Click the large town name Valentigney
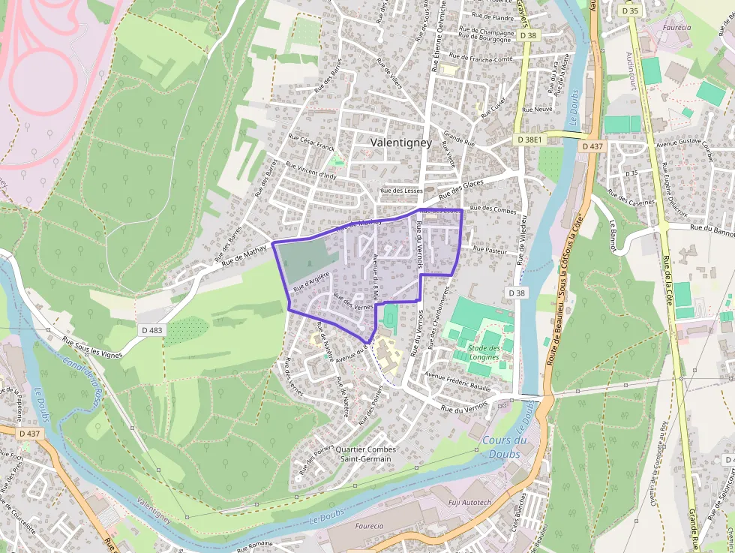pyautogui.click(x=400, y=142)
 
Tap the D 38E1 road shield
pyautogui.click(x=529, y=140)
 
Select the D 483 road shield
pyautogui.click(x=151, y=329)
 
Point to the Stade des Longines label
pyautogui.click(x=484, y=352)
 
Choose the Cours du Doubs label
pyautogui.click(x=504, y=446)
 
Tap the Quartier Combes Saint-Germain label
pyautogui.click(x=367, y=454)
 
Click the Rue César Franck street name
pyautogui.click(x=310, y=143)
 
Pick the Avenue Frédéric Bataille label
pyautogui.click(x=457, y=381)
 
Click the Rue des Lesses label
pyautogui.click(x=403, y=191)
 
